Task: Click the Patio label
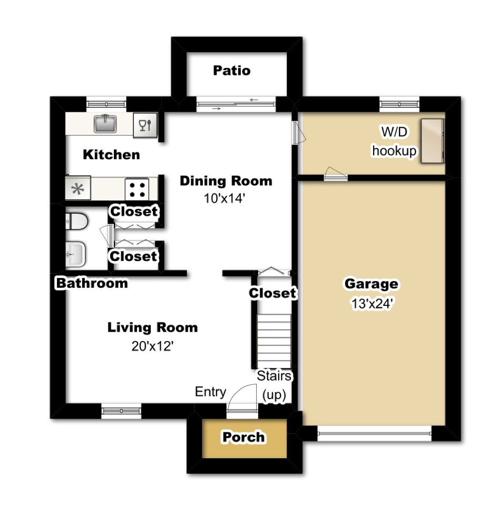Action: [231, 70]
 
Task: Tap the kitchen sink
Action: [106, 124]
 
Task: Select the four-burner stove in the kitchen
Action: [137, 189]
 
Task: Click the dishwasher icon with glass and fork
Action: [144, 125]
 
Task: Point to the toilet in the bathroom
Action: [77, 222]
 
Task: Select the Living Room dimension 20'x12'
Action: [152, 346]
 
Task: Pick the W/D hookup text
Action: [394, 141]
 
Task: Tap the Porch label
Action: [243, 437]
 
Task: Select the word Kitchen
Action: [112, 154]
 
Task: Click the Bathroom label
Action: [92, 283]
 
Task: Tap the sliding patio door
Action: [236, 104]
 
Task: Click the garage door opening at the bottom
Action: [374, 434]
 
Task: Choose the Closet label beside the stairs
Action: [272, 293]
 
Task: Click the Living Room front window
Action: [121, 410]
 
